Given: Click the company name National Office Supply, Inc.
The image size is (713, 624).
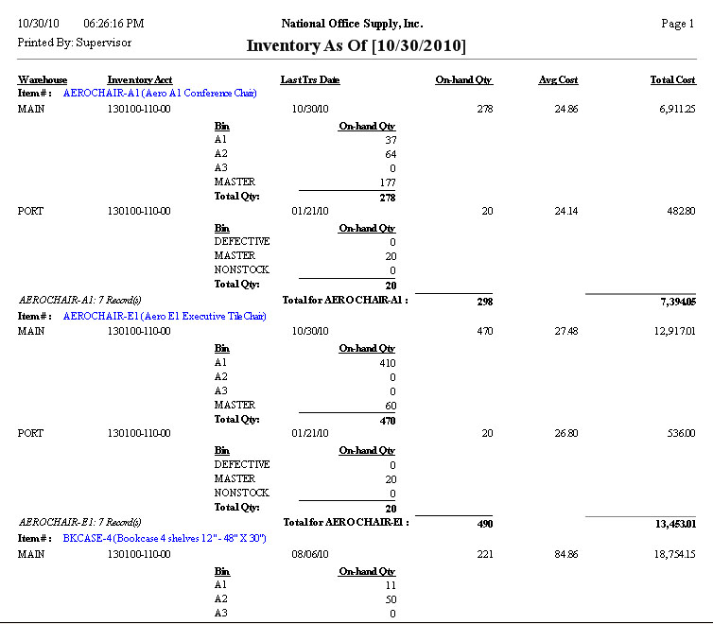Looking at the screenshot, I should click(353, 24).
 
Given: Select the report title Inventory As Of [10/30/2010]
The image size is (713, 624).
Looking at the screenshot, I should click(356, 45).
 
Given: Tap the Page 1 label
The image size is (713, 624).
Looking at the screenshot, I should click(678, 24).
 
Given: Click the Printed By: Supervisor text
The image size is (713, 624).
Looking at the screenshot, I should click(75, 43).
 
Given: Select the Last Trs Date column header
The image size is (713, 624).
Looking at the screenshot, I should click(310, 80).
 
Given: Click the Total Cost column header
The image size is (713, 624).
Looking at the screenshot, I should click(673, 80).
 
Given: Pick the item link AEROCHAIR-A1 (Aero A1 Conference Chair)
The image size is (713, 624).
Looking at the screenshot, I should click(160, 94).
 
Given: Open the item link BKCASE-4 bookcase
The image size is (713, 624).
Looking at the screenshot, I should click(164, 538).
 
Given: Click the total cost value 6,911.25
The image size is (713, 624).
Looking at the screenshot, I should click(673, 110).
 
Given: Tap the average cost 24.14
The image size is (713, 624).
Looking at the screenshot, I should click(565, 210).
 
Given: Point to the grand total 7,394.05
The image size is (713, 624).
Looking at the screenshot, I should click(673, 301).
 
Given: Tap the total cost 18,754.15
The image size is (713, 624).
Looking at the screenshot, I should click(670, 554).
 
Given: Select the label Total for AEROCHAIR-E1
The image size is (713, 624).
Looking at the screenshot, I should click(345, 522).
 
